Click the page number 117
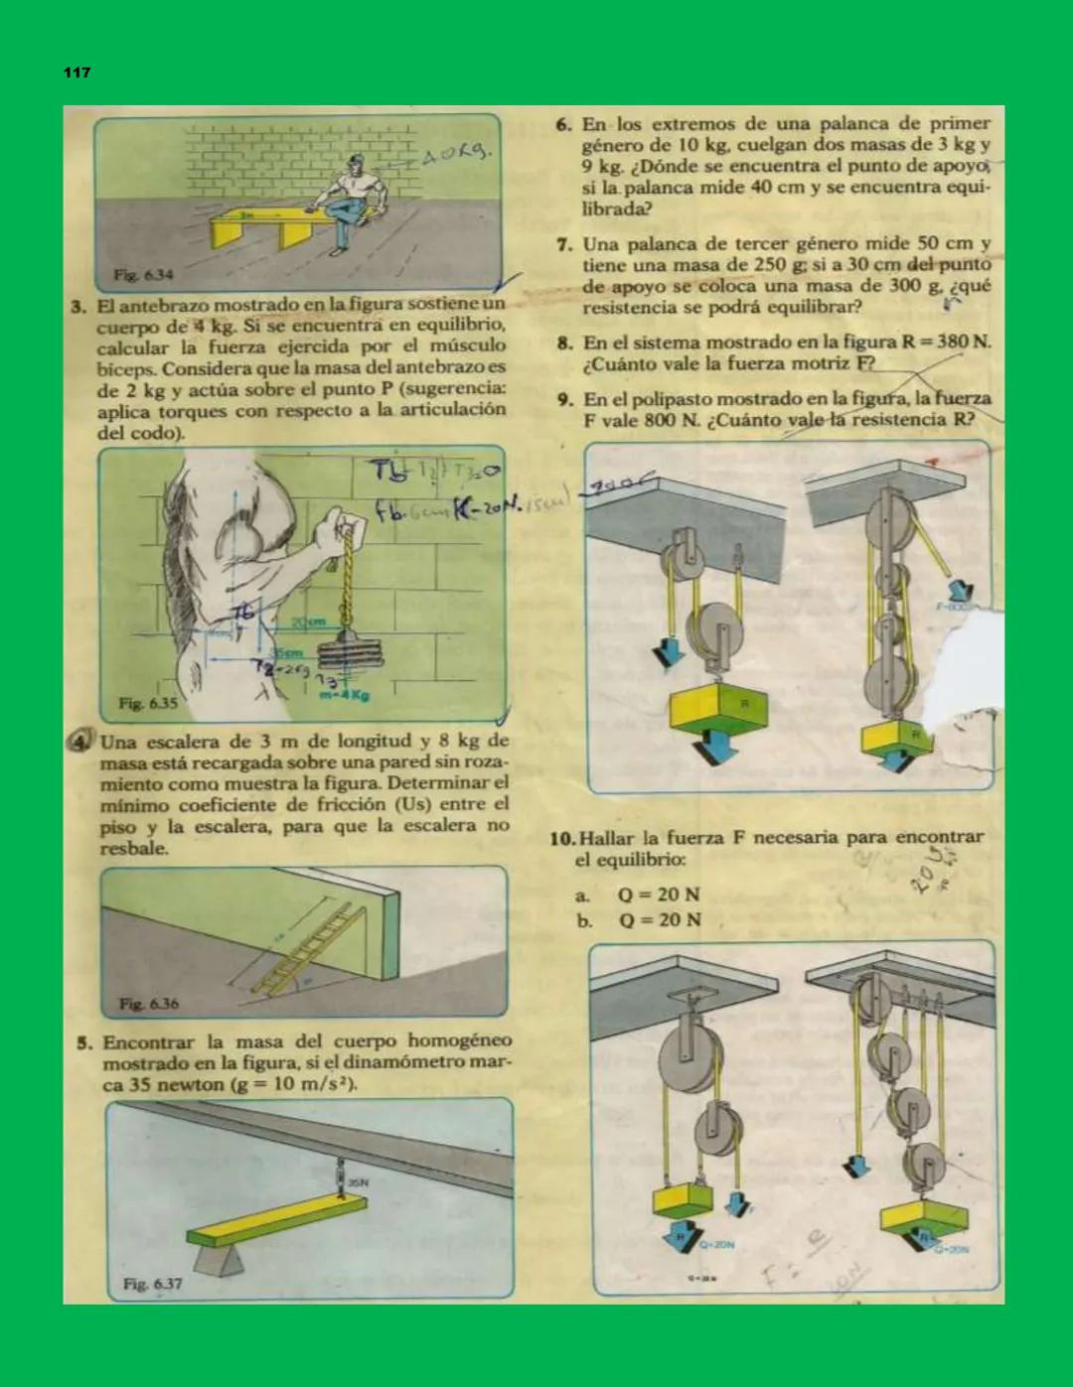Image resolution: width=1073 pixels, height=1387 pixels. pyautogui.click(x=77, y=72)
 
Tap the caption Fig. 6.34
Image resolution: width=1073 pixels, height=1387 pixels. pyautogui.click(x=142, y=274)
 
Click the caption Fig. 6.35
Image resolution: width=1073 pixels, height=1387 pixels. pyautogui.click(x=148, y=703)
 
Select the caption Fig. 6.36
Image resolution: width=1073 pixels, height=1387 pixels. pyautogui.click(x=149, y=1003)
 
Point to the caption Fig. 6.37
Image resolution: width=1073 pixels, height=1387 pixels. pyautogui.click(x=152, y=1284)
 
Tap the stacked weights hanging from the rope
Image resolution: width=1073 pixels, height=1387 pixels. pyautogui.click(x=349, y=657)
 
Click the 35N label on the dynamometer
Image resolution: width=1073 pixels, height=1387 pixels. pyautogui.click(x=357, y=1182)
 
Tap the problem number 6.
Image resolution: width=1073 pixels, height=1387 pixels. pyautogui.click(x=563, y=125)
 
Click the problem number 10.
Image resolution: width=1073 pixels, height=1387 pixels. pyautogui.click(x=562, y=838)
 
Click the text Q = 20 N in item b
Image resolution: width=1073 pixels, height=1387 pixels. pyautogui.click(x=660, y=919)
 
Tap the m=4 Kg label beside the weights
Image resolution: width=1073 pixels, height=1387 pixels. pyautogui.click(x=344, y=695)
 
